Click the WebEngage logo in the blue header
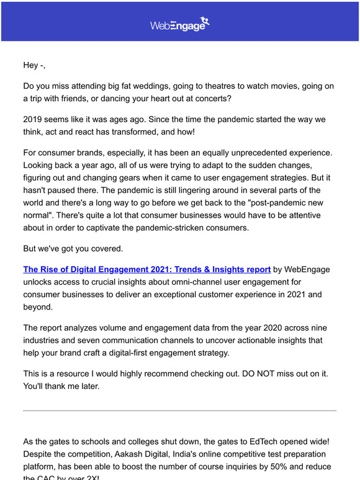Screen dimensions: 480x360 [x=180, y=24]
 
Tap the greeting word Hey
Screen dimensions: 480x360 [x=31, y=65]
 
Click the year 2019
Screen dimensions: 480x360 [x=35, y=118]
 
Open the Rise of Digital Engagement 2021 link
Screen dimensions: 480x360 [x=146, y=269]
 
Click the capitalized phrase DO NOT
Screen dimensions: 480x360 [x=258, y=373]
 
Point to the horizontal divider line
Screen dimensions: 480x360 [x=180, y=411]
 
